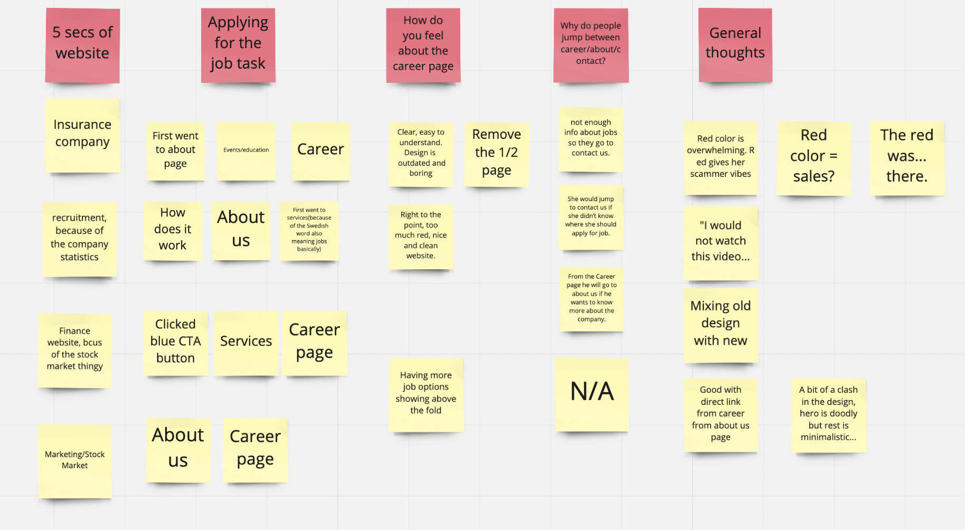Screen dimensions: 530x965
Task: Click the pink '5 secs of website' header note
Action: pyautogui.click(x=82, y=45)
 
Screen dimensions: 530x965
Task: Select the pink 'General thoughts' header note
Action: pyautogui.click(x=735, y=45)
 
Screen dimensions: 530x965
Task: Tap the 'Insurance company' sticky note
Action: pyautogui.click(x=82, y=135)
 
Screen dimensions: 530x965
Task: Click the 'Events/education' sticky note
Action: pyautogui.click(x=246, y=151)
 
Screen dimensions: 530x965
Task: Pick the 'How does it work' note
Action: pyautogui.click(x=173, y=230)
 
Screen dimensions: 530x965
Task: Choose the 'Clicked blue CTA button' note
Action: pyautogui.click(x=176, y=342)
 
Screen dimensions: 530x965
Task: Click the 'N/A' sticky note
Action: pyautogui.click(x=592, y=393)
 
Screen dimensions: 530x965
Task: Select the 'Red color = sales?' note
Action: pyautogui.click(x=813, y=157)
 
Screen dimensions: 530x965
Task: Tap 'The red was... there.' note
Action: pyautogui.click(x=906, y=157)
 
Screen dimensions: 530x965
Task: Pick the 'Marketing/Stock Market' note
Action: pyautogui.click(x=75, y=460)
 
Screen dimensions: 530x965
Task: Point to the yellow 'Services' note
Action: pyautogui.click(x=246, y=342)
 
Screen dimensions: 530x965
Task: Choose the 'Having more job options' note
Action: pyautogui.click(x=426, y=394)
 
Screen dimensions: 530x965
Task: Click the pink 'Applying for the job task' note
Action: pyautogui.click(x=238, y=45)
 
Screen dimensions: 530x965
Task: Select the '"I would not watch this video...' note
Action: pyautogui.click(x=721, y=242)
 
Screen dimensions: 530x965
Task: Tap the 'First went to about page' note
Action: pyautogui.click(x=175, y=150)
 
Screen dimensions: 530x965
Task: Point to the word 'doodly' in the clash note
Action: pyautogui.click(x=843, y=413)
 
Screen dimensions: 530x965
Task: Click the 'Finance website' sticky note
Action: pyautogui.click(x=75, y=349)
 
